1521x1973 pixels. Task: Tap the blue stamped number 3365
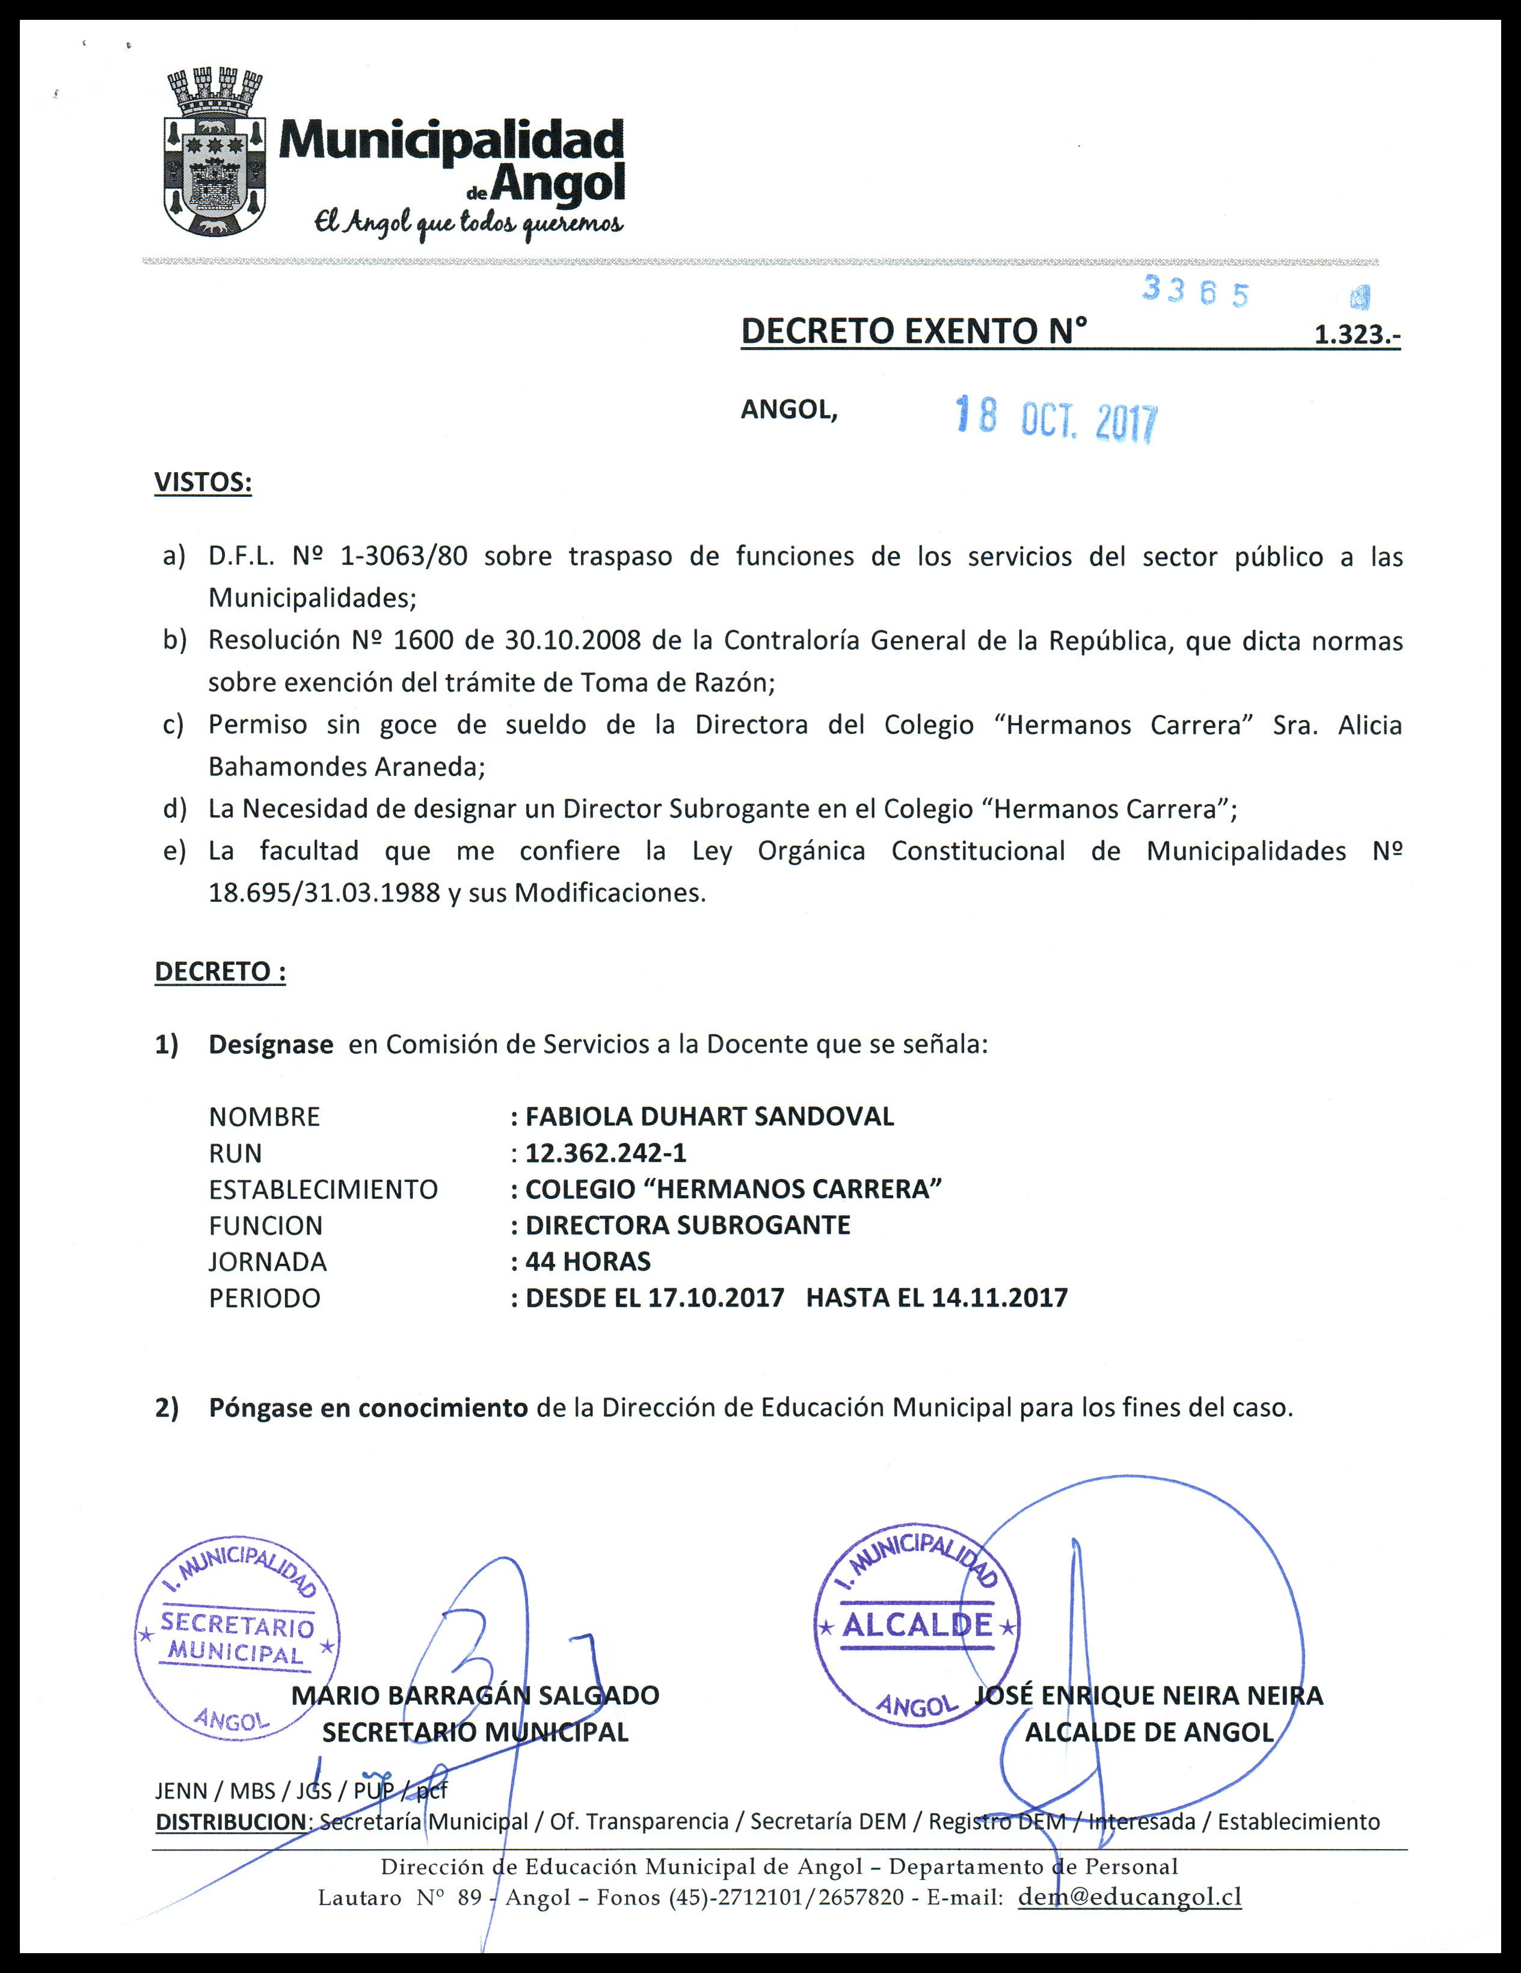(1195, 291)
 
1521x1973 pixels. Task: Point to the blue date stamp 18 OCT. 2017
(1056, 419)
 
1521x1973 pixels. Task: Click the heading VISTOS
(203, 482)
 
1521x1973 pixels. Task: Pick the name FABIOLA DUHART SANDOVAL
(709, 1116)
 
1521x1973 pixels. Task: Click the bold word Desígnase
(271, 1044)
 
